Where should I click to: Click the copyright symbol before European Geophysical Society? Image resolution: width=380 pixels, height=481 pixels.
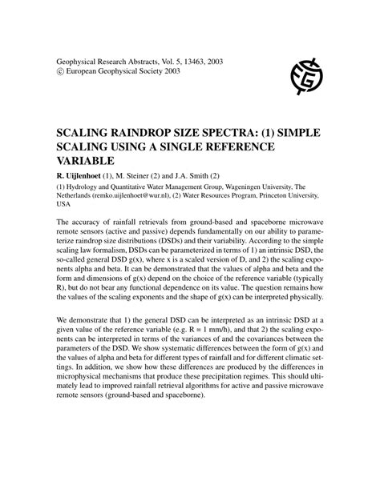(x=59, y=71)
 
